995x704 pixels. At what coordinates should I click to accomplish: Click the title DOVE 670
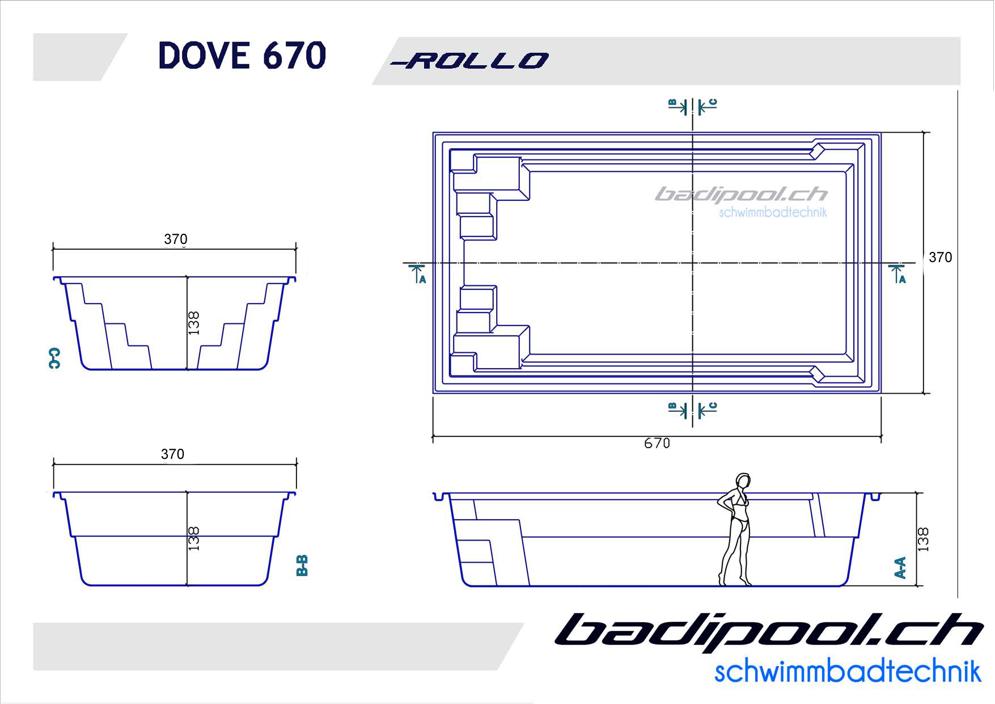[242, 56]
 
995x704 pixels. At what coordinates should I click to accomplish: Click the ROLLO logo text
[469, 61]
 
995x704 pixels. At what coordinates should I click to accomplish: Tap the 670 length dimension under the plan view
[657, 443]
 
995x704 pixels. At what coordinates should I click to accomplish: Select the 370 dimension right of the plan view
[940, 258]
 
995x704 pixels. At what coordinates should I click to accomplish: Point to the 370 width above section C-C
[176, 239]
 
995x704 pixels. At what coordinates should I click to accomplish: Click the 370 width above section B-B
[172, 454]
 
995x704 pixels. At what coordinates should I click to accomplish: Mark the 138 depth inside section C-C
[194, 323]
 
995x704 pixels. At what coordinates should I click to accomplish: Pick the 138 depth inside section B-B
[194, 538]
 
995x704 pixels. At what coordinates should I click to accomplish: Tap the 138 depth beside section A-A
[923, 539]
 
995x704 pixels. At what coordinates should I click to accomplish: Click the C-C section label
[54, 358]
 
